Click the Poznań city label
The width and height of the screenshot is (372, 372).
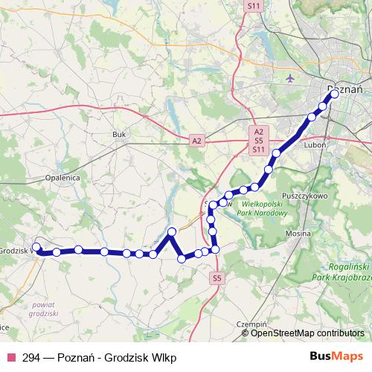coord(344,89)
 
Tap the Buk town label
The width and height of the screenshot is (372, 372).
coord(118,134)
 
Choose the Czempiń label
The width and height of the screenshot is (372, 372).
coord(251,325)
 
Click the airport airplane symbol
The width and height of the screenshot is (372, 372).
coord(289,77)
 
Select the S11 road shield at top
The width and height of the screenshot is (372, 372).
coord(254,5)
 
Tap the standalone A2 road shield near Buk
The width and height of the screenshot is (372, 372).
coord(196,139)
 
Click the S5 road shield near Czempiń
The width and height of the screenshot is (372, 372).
coord(217,278)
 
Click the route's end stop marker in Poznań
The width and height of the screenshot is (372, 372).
coord(334,94)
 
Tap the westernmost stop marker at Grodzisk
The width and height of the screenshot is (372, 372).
coord(36,247)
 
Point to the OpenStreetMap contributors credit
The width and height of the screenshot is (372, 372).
coord(307,333)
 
